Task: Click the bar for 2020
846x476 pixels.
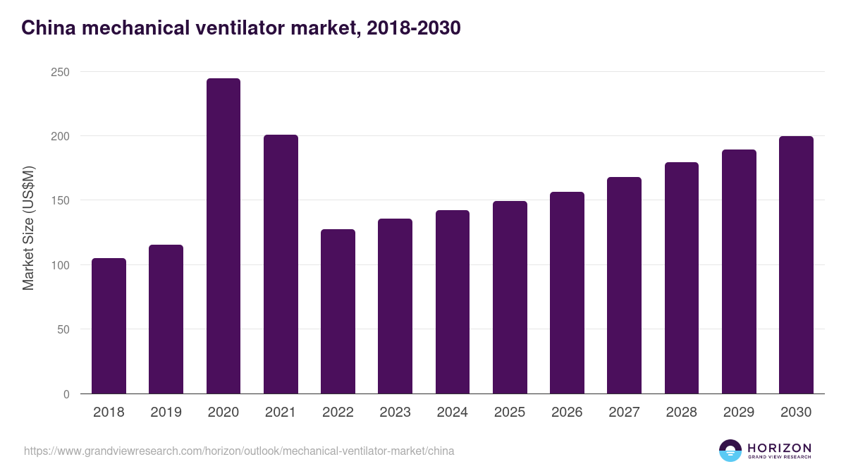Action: (223, 236)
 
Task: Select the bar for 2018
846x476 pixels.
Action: (109, 326)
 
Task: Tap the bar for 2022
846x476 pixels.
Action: (338, 312)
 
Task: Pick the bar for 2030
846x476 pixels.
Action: (796, 265)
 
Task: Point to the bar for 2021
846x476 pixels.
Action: (281, 264)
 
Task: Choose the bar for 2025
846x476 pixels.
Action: (510, 298)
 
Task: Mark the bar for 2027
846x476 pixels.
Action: (624, 286)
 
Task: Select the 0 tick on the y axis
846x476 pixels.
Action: (66, 394)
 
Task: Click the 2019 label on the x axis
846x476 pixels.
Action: (166, 413)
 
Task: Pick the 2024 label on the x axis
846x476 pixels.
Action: (452, 413)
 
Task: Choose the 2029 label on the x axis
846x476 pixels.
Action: (738, 413)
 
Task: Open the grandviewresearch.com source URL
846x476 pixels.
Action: (239, 451)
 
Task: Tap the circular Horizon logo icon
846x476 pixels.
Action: (730, 451)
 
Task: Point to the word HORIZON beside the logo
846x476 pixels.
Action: (779, 447)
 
